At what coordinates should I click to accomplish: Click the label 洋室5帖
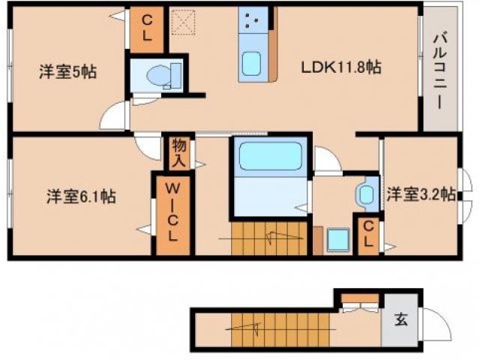click(x=68, y=72)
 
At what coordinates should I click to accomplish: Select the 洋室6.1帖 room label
click(x=81, y=196)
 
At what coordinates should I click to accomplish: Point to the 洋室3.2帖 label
click(x=421, y=193)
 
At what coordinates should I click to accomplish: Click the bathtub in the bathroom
click(x=269, y=157)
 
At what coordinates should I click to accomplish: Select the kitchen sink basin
click(x=250, y=67)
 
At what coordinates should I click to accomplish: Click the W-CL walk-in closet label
click(x=172, y=214)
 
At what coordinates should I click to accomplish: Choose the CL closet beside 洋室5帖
click(x=147, y=29)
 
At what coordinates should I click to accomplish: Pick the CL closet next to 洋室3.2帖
click(x=367, y=235)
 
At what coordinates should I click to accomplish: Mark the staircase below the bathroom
click(x=269, y=239)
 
